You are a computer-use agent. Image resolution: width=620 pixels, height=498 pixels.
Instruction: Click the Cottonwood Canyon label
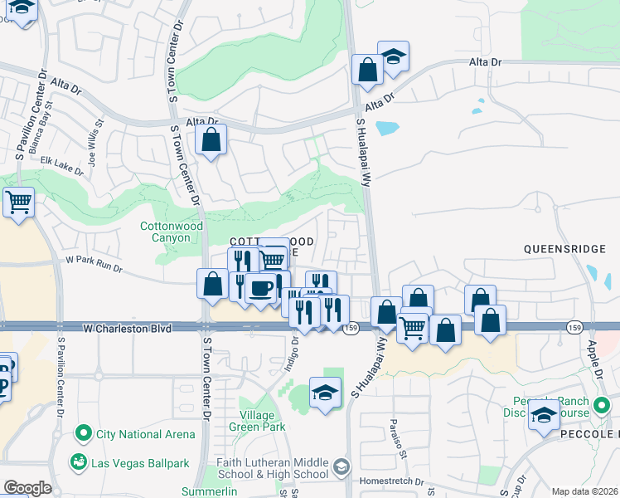click(x=171, y=232)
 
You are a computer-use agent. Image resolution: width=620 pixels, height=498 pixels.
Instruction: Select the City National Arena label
click(x=145, y=433)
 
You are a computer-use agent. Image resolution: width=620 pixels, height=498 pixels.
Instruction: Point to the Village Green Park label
click(x=263, y=421)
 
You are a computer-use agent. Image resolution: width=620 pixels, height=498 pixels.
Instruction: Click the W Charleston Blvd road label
click(x=128, y=329)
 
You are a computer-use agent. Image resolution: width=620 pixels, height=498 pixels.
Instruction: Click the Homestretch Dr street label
click(x=391, y=481)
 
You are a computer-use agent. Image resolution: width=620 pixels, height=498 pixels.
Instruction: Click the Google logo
click(x=27, y=488)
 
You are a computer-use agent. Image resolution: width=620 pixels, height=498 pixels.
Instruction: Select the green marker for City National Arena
click(x=82, y=433)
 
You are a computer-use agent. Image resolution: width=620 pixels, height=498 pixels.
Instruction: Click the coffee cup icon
click(x=261, y=290)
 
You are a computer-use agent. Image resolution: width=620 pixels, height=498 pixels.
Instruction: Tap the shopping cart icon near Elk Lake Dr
click(x=18, y=202)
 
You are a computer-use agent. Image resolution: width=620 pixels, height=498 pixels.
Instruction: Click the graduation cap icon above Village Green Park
click(x=326, y=392)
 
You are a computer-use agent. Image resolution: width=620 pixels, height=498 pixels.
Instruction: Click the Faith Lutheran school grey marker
click(x=341, y=468)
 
